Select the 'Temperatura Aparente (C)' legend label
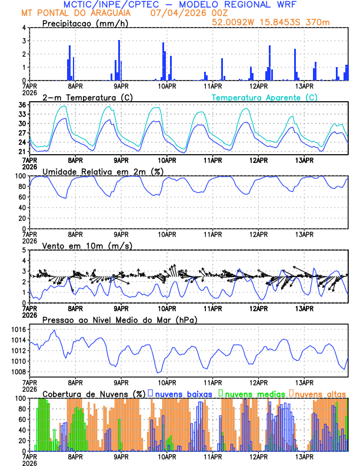(x=265, y=97)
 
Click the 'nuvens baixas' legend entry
(x=179, y=393)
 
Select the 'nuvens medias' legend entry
(x=252, y=393)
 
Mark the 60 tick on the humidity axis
(x=21, y=197)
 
